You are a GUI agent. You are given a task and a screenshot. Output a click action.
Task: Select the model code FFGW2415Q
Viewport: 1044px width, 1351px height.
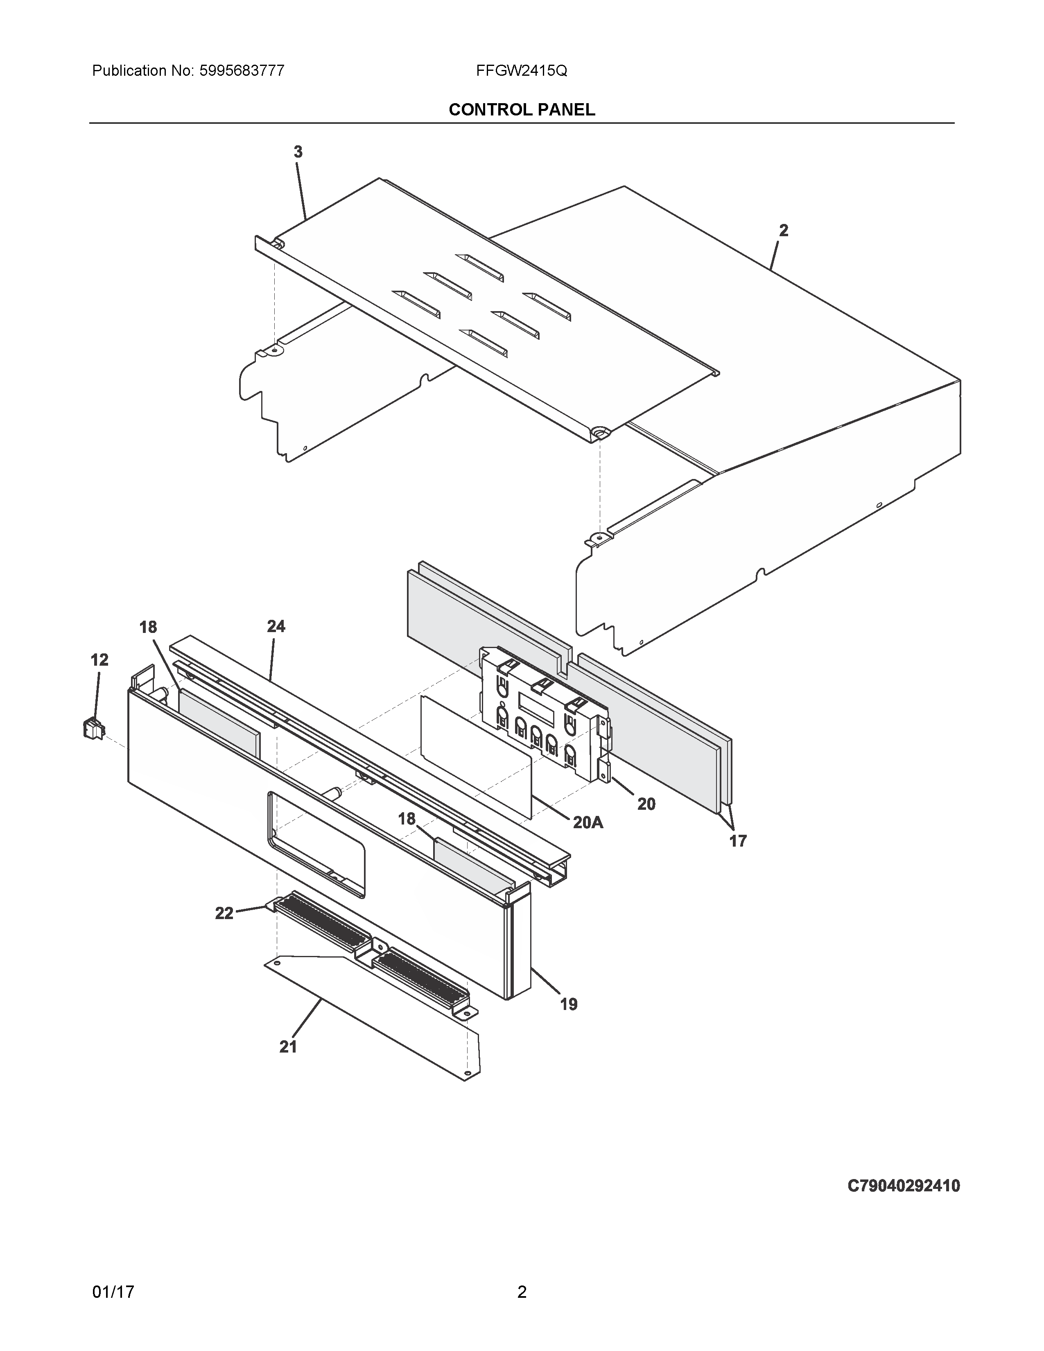(x=521, y=70)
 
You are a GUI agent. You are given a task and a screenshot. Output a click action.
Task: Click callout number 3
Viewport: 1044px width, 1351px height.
(x=298, y=151)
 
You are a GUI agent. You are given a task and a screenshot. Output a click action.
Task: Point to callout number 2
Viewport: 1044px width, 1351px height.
(x=784, y=230)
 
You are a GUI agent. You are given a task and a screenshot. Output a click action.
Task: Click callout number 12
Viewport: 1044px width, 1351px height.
(x=99, y=660)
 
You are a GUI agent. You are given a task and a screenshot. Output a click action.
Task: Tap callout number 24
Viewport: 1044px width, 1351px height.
(x=276, y=627)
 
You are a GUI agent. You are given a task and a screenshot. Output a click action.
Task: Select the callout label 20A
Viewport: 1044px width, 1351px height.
(x=588, y=822)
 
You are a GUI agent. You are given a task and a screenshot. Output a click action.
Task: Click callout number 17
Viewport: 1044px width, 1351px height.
(x=738, y=840)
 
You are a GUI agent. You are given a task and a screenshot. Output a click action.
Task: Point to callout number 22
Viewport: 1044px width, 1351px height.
(x=224, y=913)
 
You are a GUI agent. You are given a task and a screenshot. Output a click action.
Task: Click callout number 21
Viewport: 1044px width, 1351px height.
(x=288, y=1047)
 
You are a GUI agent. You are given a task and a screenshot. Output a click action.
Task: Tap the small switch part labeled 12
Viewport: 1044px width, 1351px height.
(x=93, y=729)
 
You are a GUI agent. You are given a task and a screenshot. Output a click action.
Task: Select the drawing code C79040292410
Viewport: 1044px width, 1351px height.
(x=903, y=1186)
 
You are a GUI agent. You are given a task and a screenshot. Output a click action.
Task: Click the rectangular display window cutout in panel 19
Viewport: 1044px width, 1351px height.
(x=316, y=844)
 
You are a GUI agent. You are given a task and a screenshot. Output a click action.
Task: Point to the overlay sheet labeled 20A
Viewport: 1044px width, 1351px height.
(x=476, y=755)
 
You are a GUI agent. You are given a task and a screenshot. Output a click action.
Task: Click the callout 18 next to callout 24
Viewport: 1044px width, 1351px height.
(x=148, y=627)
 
